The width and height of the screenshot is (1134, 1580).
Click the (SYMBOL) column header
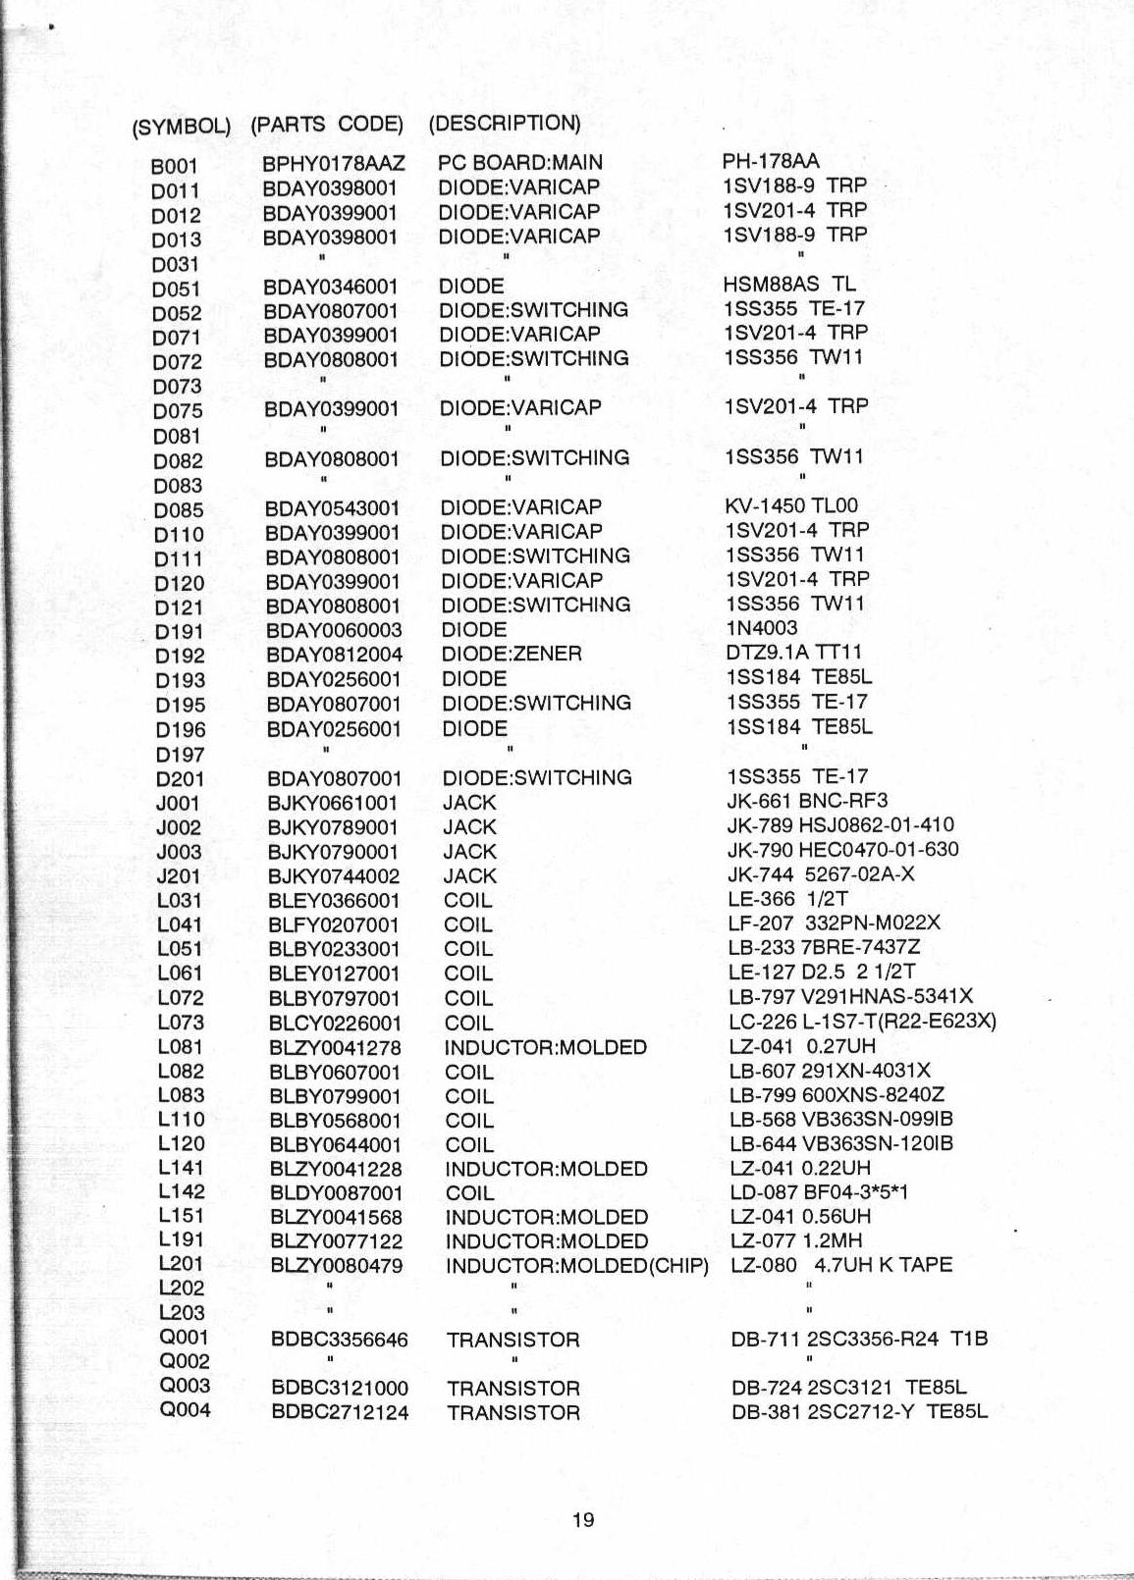point(181,128)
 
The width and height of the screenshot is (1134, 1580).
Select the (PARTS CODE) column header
point(327,125)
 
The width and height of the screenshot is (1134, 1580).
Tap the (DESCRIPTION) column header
point(505,124)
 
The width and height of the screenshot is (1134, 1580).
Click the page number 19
point(582,1520)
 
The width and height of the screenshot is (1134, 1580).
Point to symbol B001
point(175,167)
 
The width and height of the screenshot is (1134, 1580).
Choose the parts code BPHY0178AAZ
point(334,164)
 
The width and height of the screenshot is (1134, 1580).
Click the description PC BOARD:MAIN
point(520,163)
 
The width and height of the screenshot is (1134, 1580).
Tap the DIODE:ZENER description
point(512,654)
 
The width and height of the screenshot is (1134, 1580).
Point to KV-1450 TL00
point(790,506)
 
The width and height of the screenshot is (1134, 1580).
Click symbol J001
point(178,803)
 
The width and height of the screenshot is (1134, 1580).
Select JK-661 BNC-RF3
point(806,801)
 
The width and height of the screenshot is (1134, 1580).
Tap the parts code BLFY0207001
point(334,925)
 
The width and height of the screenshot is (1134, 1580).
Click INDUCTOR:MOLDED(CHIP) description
point(576,1266)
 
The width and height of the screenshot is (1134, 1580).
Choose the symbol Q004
point(185,1411)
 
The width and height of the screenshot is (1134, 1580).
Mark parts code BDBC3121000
point(340,1389)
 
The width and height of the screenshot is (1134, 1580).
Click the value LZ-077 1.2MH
point(796,1241)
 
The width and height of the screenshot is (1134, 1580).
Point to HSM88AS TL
point(788,285)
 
